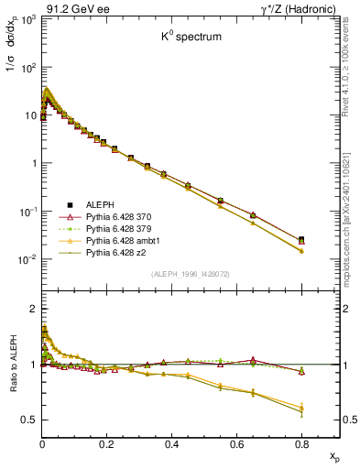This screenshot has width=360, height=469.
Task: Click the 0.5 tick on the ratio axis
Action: coord(29,420)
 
